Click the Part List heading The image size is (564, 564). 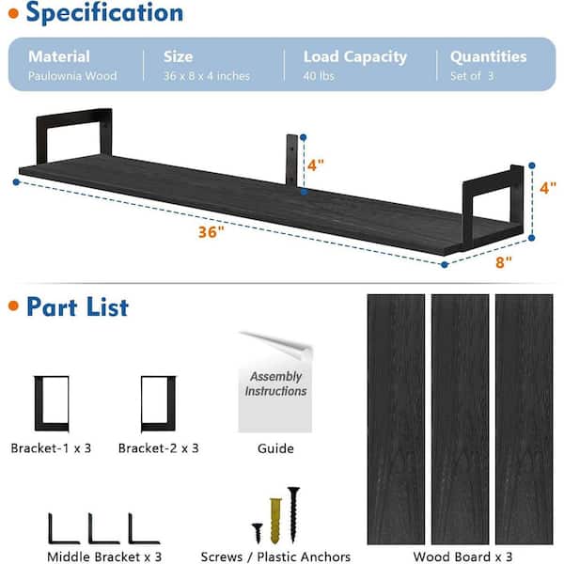77,306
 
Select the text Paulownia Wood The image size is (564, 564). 72,76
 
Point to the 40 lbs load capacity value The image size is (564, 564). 320,76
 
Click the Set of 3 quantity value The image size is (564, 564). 472,76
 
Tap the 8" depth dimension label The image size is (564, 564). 504,262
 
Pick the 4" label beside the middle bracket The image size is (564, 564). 316,164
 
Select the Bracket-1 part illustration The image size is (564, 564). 52,403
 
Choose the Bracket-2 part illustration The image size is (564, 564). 158,403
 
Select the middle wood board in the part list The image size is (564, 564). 460,418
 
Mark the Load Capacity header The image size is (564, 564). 355,57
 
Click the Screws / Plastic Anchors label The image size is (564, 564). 275,556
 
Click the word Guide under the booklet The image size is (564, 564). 275,448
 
